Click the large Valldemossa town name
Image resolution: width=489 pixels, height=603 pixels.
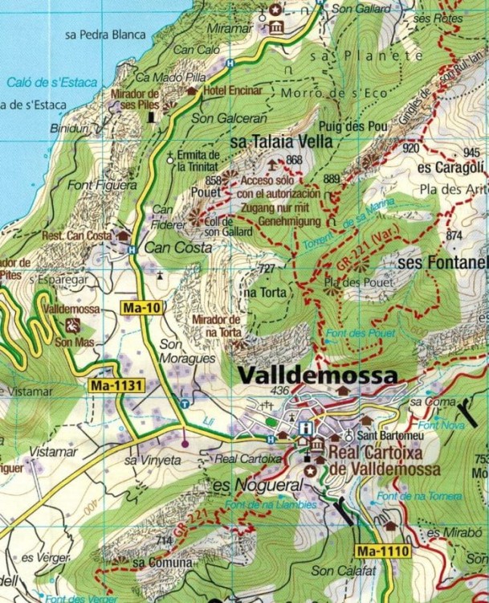coord(317,375)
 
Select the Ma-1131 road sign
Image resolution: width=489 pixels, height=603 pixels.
coord(116,386)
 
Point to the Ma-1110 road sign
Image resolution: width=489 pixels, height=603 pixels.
coord(382,551)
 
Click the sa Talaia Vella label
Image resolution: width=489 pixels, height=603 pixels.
coord(281,142)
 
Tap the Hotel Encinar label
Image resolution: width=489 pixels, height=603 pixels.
coord(234,91)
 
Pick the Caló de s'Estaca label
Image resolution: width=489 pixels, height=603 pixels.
coord(51,82)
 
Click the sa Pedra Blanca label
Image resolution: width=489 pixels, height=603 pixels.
coord(105,35)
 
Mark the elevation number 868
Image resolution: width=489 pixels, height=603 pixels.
coord(294,160)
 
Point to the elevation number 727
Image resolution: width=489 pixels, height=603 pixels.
coord(267,267)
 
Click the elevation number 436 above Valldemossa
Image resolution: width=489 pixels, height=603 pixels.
coord(279,391)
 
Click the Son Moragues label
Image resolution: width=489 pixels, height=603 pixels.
coord(179,351)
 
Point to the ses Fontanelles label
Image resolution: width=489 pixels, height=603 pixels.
coord(443,262)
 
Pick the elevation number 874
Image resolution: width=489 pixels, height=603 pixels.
coord(454,236)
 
